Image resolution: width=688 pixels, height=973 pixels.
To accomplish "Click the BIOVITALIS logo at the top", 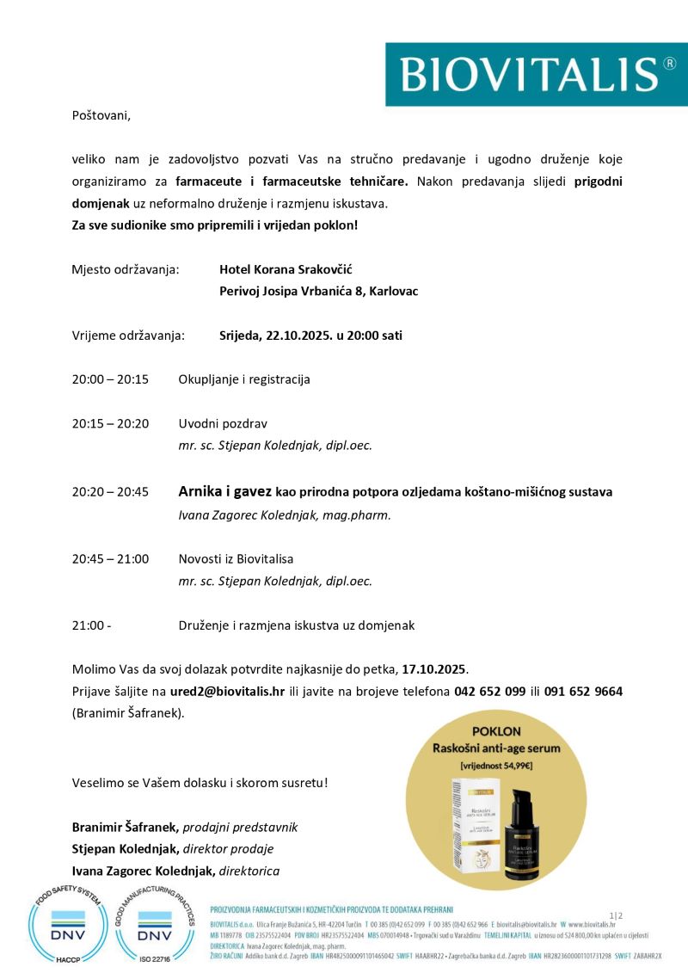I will pos(536,74).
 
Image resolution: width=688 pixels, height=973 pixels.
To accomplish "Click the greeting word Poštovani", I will pos(101,114).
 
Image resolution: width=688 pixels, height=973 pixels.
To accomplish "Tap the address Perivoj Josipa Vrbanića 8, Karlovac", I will pos(318,291).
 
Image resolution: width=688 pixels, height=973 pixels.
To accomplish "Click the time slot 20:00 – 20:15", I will pos(110,379).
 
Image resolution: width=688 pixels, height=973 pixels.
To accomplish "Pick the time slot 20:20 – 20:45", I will pos(110,492).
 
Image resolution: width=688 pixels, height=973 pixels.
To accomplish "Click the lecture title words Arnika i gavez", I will pos(224,492).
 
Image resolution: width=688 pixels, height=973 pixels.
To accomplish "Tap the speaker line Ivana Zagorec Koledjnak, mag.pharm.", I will pos(284,514).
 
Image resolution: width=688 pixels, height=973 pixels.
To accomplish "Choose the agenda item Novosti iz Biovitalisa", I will pos(236,558).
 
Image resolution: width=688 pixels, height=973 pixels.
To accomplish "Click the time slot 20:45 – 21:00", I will pos(110,558).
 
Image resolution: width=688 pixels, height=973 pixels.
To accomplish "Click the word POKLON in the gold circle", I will pos(497,730).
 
